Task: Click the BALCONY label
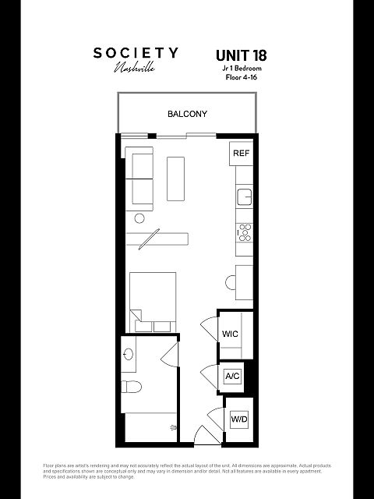coord(187,114)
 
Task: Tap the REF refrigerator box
coord(241,154)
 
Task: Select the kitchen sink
coord(244,196)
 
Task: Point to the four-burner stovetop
coord(245,232)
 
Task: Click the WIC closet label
coord(230,334)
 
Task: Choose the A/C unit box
coord(232,377)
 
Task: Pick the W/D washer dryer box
coord(238,420)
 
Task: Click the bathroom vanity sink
coord(129,356)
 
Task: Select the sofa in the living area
coord(140,178)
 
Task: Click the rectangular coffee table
coord(175,179)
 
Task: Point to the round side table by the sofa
coord(139,219)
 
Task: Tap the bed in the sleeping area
coord(153,301)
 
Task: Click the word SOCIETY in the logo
coord(136,53)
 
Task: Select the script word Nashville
coord(135,68)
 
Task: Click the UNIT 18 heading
coord(241,55)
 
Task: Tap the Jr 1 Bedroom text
coord(241,68)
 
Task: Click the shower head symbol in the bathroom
coord(173,427)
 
